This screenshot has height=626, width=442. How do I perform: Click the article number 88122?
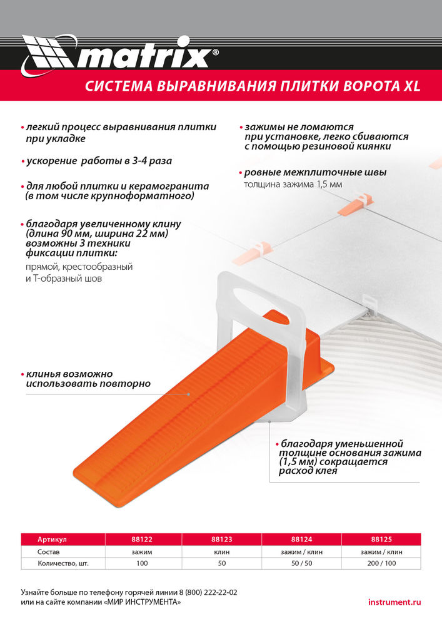click(x=142, y=539)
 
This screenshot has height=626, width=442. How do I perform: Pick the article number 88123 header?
click(x=222, y=539)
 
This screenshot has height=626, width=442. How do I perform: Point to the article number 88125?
click(x=381, y=539)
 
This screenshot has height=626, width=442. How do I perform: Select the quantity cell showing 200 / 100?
click(x=381, y=563)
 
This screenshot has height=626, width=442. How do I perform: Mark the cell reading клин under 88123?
click(x=222, y=552)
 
